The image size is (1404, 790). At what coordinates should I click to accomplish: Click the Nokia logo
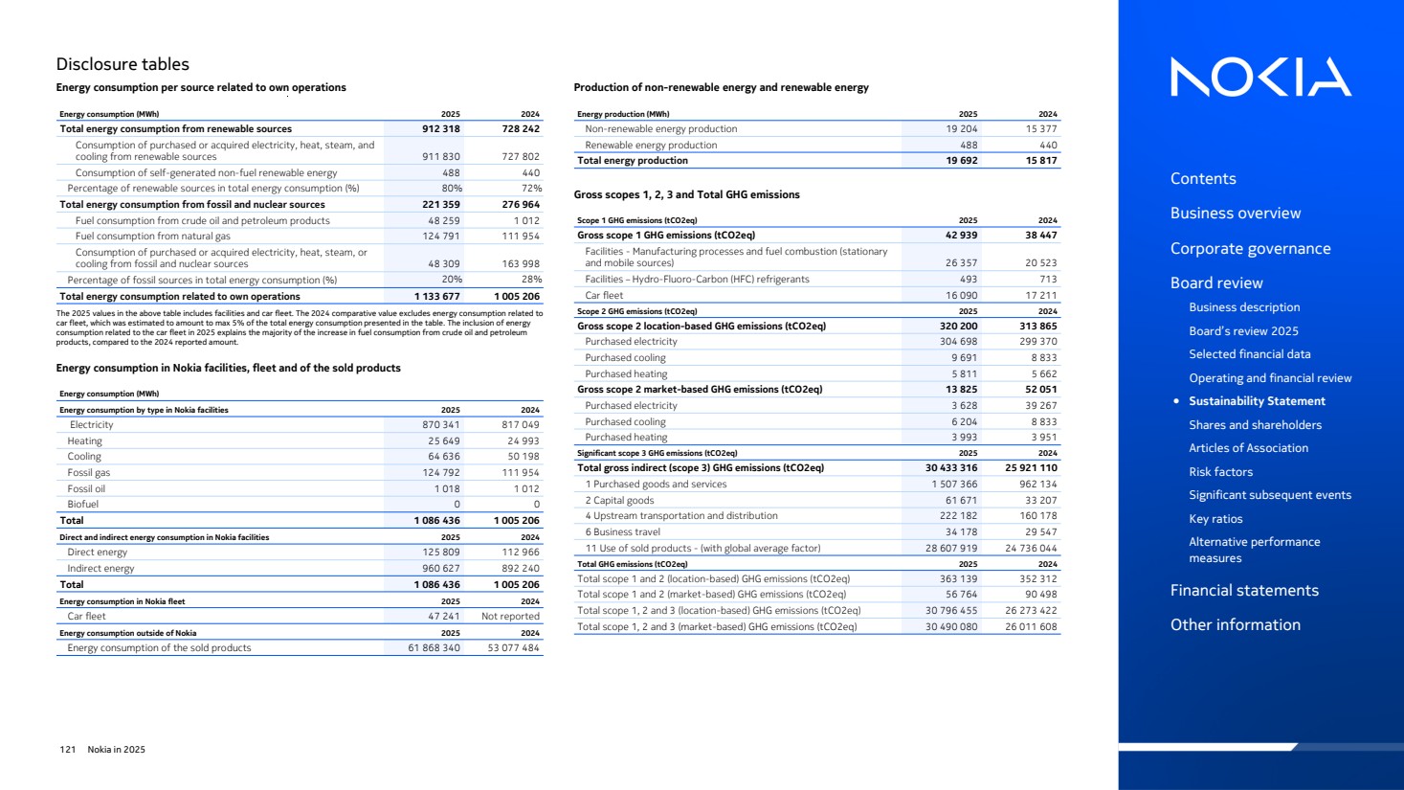(1260, 77)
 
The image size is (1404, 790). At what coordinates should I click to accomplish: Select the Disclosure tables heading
(123, 64)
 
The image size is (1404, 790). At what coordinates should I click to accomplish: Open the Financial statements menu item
(1244, 590)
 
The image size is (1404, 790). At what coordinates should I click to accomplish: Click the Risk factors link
(1220, 471)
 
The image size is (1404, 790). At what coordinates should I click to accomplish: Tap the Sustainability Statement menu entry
(1257, 401)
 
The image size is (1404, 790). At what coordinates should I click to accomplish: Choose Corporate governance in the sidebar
(1250, 248)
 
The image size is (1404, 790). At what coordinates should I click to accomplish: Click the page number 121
(67, 750)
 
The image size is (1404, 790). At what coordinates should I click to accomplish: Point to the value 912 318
(441, 128)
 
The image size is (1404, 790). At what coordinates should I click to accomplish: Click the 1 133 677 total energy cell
(437, 297)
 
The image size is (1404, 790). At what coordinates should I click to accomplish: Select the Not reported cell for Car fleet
(510, 617)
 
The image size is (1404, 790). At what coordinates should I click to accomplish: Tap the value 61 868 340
(435, 648)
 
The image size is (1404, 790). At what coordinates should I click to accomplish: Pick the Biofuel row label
(82, 505)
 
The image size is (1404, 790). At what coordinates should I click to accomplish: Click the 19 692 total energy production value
(962, 161)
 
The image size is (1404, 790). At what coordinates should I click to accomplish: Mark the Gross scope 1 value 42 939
(962, 235)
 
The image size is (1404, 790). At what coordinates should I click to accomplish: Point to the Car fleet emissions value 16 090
(962, 296)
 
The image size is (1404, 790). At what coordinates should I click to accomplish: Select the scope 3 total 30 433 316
(951, 468)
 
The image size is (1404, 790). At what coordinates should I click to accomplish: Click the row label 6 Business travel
(623, 532)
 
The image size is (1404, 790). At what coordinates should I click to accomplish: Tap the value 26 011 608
(1031, 627)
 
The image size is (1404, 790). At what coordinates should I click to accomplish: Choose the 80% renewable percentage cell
(452, 189)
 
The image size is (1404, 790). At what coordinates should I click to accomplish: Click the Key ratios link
(1215, 519)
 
